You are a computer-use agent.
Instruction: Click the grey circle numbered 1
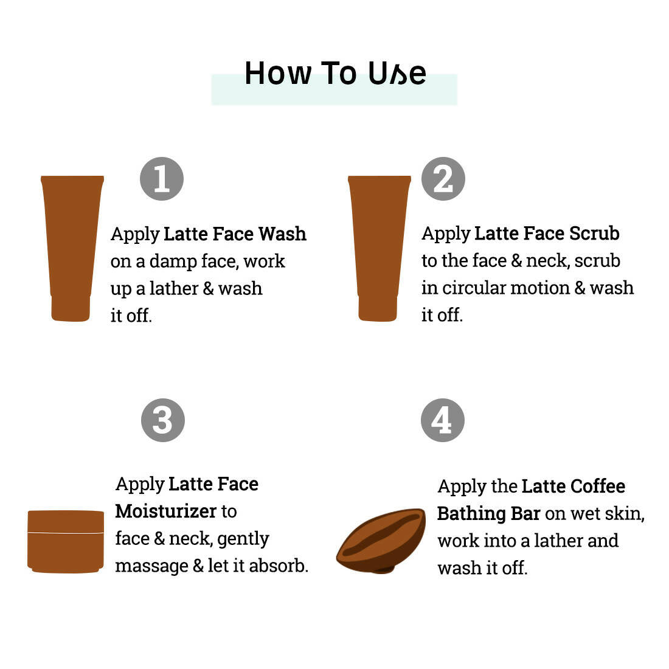(x=162, y=179)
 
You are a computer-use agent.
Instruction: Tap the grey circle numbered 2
(x=443, y=179)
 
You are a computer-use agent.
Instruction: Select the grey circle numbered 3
(x=163, y=420)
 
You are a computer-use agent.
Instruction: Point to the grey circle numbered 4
(x=442, y=420)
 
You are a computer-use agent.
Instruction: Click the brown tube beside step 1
(x=72, y=248)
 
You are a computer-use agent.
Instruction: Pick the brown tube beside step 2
(x=379, y=248)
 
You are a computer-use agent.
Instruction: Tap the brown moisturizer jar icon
(x=66, y=541)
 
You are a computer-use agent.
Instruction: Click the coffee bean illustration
(x=381, y=541)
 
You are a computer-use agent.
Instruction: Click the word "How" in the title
(x=278, y=74)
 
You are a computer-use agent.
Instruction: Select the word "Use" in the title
(x=397, y=74)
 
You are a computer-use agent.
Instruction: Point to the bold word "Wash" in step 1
(x=282, y=234)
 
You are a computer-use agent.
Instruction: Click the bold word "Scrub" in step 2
(x=594, y=234)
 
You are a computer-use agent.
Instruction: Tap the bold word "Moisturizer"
(x=166, y=511)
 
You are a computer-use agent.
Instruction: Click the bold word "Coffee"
(x=598, y=487)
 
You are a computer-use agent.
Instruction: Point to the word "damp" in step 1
(x=173, y=262)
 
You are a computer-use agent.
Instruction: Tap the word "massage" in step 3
(x=152, y=567)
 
